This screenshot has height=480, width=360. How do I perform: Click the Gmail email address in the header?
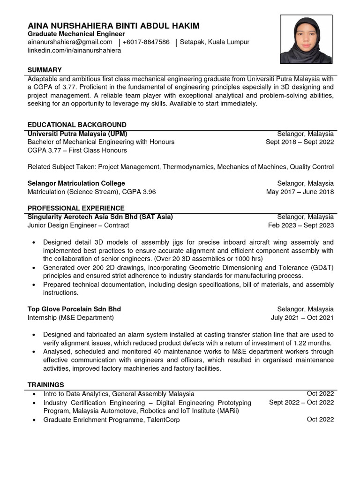70,42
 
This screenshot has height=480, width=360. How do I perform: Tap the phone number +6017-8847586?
146,42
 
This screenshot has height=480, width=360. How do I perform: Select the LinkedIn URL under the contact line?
74,50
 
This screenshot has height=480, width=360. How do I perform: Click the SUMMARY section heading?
45,69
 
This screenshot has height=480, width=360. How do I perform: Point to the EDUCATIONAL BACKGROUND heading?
77,125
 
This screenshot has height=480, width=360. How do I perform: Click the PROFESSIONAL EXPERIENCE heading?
76,208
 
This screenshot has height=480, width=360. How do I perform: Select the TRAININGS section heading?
45,385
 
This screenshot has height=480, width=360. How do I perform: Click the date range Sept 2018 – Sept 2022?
300,142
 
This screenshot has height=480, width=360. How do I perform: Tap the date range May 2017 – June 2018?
300,192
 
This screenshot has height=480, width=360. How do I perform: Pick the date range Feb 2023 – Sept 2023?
300,225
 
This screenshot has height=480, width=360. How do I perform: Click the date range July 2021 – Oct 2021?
302,318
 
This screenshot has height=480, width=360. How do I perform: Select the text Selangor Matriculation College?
76,183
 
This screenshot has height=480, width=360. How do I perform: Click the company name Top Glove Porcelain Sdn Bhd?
74,309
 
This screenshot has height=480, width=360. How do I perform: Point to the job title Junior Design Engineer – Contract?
78,225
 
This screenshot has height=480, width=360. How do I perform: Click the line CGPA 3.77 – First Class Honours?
77,150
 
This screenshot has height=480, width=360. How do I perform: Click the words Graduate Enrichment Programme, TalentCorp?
112,420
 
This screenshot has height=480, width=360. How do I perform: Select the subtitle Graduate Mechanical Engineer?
76,34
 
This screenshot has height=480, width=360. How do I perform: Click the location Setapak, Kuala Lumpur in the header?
215,42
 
